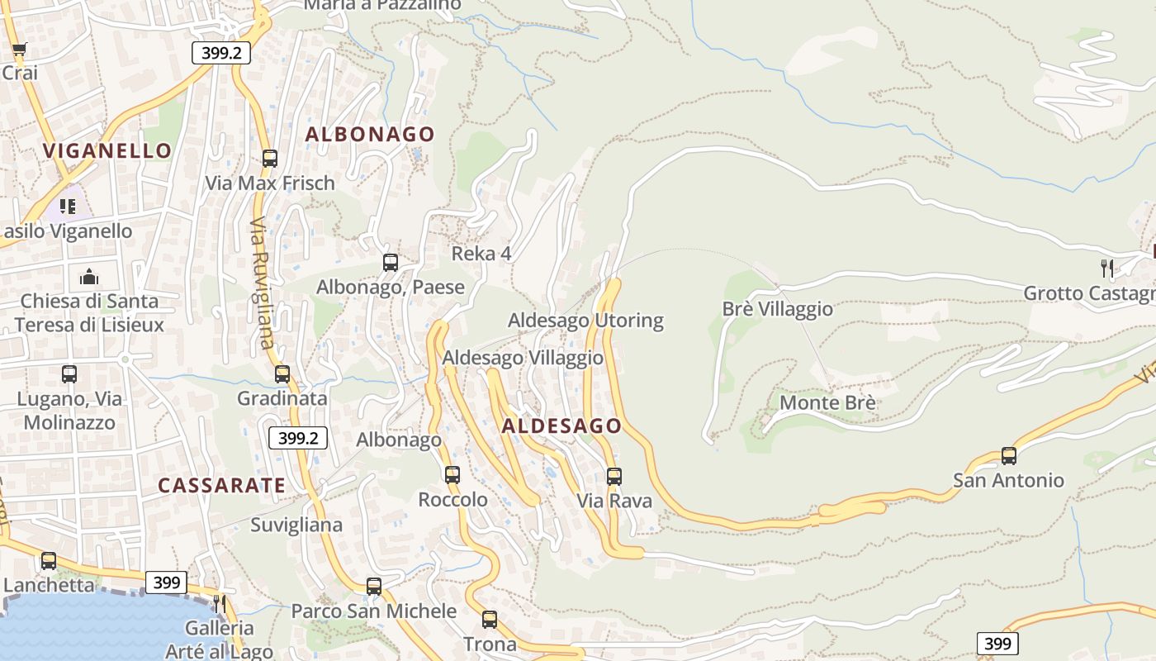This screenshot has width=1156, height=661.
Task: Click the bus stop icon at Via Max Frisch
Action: [x=270, y=158]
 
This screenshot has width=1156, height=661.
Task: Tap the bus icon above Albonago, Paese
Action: [x=391, y=263]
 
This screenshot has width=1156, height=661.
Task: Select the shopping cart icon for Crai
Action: [x=19, y=49]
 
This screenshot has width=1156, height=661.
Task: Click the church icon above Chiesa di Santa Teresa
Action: [x=88, y=276]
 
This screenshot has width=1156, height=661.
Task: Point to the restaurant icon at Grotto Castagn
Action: [x=1107, y=268]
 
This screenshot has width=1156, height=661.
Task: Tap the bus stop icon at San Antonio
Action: [x=1008, y=455]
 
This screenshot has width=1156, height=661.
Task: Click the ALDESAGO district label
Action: [x=561, y=426]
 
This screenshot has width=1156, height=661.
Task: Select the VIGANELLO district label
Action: [x=107, y=150]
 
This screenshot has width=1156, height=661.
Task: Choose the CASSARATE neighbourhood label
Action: [x=221, y=485]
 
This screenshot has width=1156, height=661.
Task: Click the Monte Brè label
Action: [x=827, y=403]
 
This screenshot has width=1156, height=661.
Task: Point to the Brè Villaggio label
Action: [x=778, y=309]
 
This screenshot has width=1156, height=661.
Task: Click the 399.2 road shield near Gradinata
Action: [x=298, y=438]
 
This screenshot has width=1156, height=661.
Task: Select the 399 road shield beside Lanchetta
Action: [x=167, y=583]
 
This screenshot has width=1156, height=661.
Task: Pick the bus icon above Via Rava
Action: [x=614, y=476]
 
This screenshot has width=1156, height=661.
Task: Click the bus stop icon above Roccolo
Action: [x=452, y=474]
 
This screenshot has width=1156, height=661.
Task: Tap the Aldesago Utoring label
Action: [x=585, y=320]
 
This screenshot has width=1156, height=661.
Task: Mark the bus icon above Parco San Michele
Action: [x=374, y=586]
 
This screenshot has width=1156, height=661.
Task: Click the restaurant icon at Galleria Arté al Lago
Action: [x=219, y=604]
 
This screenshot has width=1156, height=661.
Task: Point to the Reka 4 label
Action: [x=481, y=254]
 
